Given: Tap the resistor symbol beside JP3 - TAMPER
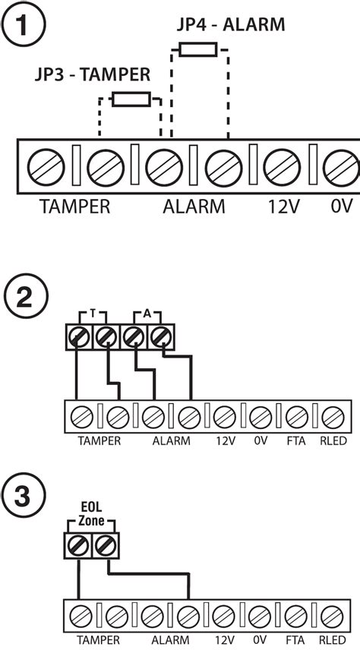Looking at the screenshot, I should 131,99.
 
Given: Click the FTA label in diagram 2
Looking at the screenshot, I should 295,440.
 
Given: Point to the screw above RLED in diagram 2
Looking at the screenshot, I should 331,417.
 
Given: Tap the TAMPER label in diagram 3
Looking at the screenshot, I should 99,640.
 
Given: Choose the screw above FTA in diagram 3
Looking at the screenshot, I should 295,615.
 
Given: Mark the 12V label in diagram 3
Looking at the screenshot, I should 224,640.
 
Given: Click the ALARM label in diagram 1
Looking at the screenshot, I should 194,206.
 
